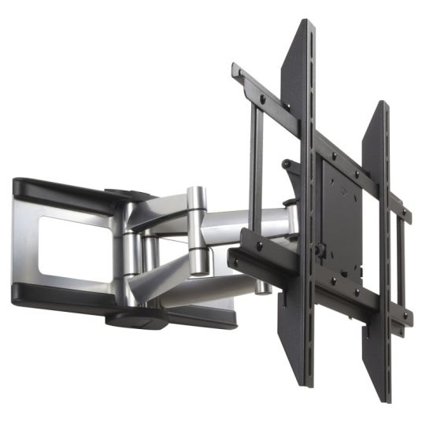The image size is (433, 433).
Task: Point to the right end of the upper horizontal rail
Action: (x=407, y=214)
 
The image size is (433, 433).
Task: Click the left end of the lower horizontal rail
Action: (x=232, y=256)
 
